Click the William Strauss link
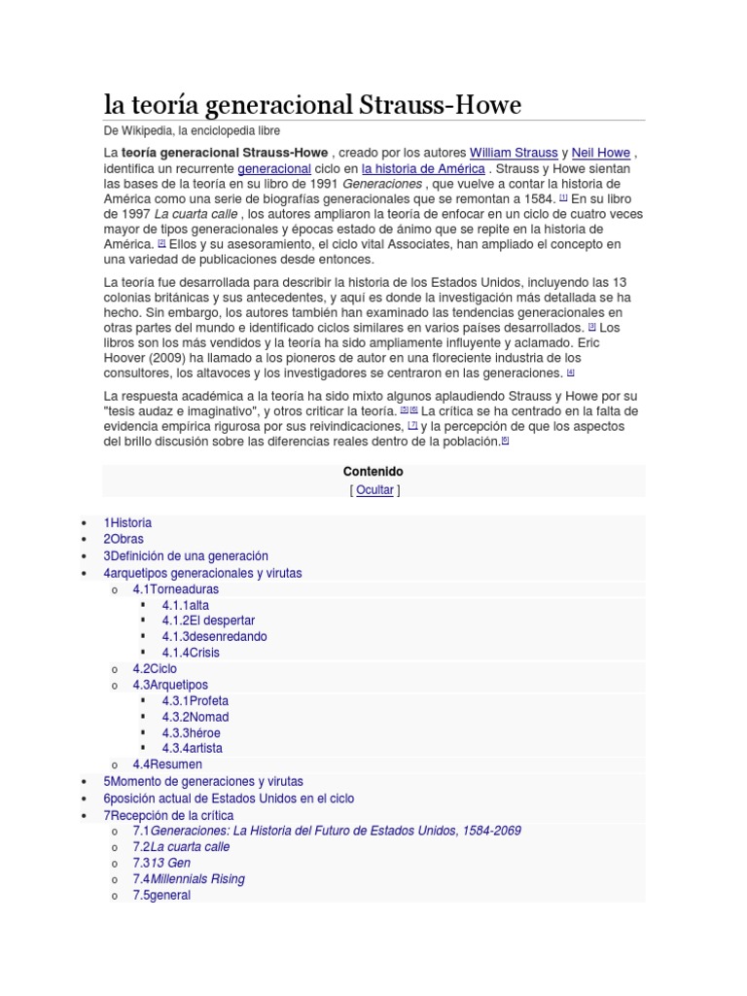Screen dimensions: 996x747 click(x=514, y=153)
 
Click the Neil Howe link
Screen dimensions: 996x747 click(x=601, y=153)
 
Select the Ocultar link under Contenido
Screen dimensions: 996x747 click(x=374, y=490)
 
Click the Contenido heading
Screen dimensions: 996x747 click(x=373, y=472)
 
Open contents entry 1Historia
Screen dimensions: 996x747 click(x=127, y=523)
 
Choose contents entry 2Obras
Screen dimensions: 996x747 click(x=124, y=539)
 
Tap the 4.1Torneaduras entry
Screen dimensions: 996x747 click(x=175, y=589)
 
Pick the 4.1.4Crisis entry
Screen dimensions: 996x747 click(x=191, y=653)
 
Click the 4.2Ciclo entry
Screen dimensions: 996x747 click(x=155, y=669)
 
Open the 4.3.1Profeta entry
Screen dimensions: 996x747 click(x=196, y=700)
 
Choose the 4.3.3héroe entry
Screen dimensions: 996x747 click(x=191, y=732)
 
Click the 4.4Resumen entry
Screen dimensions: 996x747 click(x=167, y=765)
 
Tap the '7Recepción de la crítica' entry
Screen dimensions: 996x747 click(x=168, y=815)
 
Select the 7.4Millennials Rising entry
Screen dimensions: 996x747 click(x=189, y=879)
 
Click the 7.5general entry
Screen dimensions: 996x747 click(x=161, y=895)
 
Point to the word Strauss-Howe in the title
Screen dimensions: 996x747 click(x=443, y=104)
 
